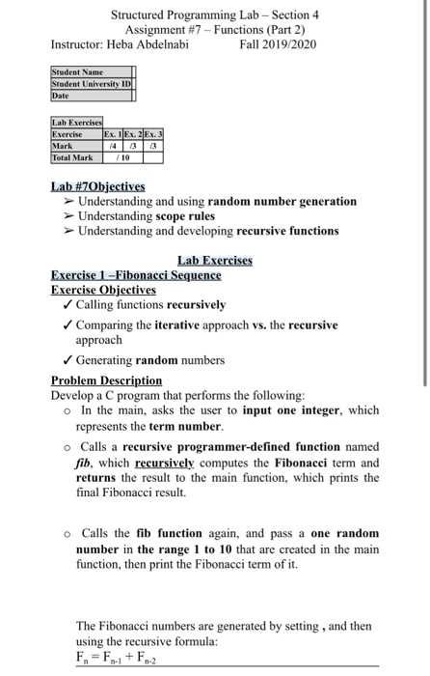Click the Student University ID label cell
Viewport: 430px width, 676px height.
click(x=90, y=83)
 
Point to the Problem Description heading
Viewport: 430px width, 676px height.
click(x=106, y=380)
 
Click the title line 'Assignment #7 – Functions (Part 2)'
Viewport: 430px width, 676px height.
click(x=215, y=29)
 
